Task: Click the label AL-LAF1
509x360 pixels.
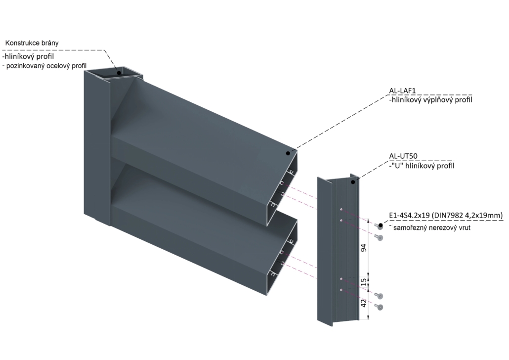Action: [x=402, y=91]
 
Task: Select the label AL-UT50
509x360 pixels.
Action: [x=403, y=156]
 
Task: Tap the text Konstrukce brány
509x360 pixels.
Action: [x=32, y=43]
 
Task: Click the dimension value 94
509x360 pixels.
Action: [x=364, y=248]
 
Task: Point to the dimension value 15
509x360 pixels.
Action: [x=364, y=282]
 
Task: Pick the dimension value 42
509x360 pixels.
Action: [x=364, y=303]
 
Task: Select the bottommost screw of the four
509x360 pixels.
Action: [x=379, y=307]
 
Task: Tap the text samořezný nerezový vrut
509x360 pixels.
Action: [x=432, y=228]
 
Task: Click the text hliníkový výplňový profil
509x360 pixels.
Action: [x=432, y=100]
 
